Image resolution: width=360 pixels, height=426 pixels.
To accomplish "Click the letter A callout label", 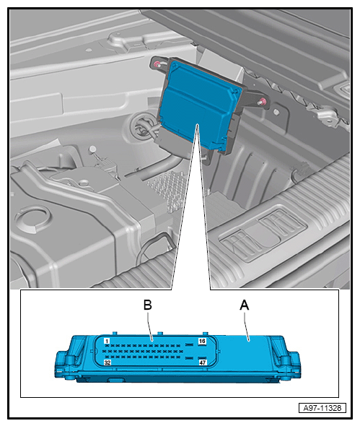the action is [x=244, y=305].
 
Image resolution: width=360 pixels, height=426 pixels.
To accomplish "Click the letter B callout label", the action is [x=147, y=305].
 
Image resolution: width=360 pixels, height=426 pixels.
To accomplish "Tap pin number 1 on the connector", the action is [x=107, y=341].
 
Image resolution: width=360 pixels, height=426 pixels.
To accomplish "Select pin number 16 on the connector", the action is [x=202, y=342].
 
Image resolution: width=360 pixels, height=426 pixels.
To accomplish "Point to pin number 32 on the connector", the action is [x=107, y=362].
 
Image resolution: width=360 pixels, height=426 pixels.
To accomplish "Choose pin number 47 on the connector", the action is [x=203, y=362].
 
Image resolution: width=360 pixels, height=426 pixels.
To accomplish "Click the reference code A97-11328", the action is [x=322, y=408].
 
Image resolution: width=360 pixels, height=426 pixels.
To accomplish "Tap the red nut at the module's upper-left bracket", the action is [x=157, y=64].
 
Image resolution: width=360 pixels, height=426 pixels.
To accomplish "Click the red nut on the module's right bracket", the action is [x=263, y=102].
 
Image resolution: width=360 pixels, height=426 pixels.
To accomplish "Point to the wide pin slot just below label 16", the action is [x=189, y=344].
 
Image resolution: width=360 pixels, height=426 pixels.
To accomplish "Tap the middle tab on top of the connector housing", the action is [x=160, y=333].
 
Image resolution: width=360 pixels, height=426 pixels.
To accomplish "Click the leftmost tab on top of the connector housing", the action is [x=115, y=333].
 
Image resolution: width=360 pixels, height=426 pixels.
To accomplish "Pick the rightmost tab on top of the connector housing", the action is [x=206, y=333].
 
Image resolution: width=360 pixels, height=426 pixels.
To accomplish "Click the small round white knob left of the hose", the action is [x=92, y=149].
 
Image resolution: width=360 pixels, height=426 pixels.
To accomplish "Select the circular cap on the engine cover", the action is [x=33, y=217].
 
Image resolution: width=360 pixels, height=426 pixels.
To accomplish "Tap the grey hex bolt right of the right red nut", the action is [x=276, y=111].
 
